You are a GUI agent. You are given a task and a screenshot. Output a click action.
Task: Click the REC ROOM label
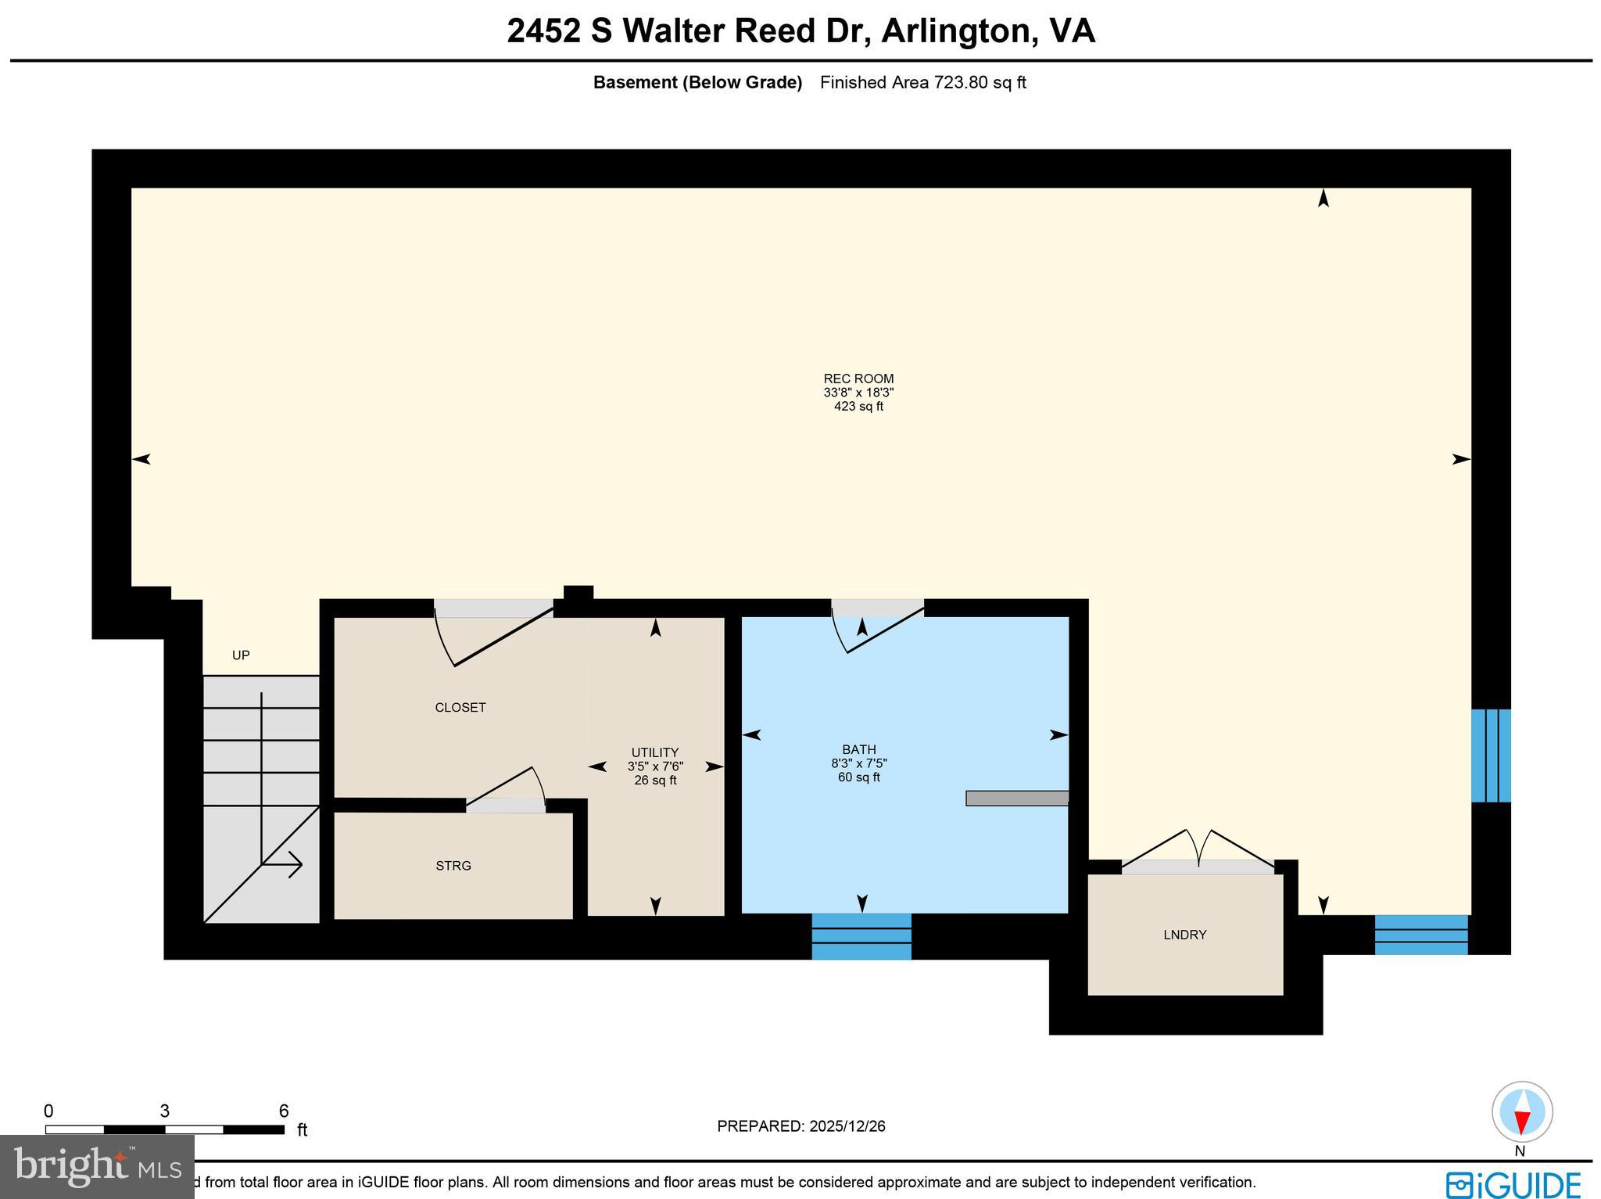[858, 379]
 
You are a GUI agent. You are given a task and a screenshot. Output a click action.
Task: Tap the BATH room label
[858, 750]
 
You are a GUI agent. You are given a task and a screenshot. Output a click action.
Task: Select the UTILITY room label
[655, 753]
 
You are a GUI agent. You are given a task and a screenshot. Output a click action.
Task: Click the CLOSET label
[460, 708]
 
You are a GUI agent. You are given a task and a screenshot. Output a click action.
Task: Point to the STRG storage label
[453, 866]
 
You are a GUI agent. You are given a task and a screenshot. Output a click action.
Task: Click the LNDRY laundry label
[1184, 935]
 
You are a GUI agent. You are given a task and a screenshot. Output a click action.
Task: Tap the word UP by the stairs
[241, 655]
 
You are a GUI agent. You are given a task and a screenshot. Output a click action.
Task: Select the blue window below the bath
[861, 936]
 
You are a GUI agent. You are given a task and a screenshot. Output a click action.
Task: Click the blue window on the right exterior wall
[1490, 756]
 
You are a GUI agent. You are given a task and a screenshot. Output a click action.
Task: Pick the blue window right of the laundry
[1420, 935]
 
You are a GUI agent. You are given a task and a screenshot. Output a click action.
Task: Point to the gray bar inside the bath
[1016, 798]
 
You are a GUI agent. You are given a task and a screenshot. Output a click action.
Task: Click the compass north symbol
[1521, 1112]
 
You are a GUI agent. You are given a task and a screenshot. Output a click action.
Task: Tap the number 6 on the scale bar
[284, 1111]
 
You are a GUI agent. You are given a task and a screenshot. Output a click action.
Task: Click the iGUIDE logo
[1513, 1183]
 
